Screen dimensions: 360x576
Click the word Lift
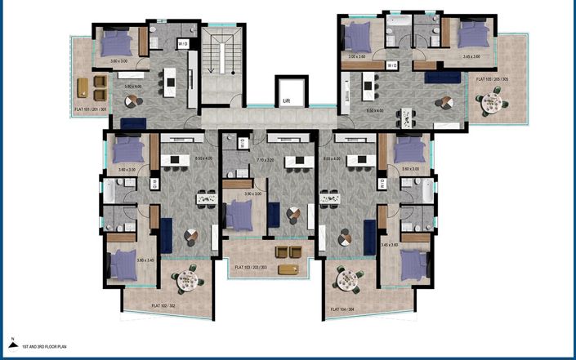286,101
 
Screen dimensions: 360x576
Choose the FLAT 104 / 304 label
346,309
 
